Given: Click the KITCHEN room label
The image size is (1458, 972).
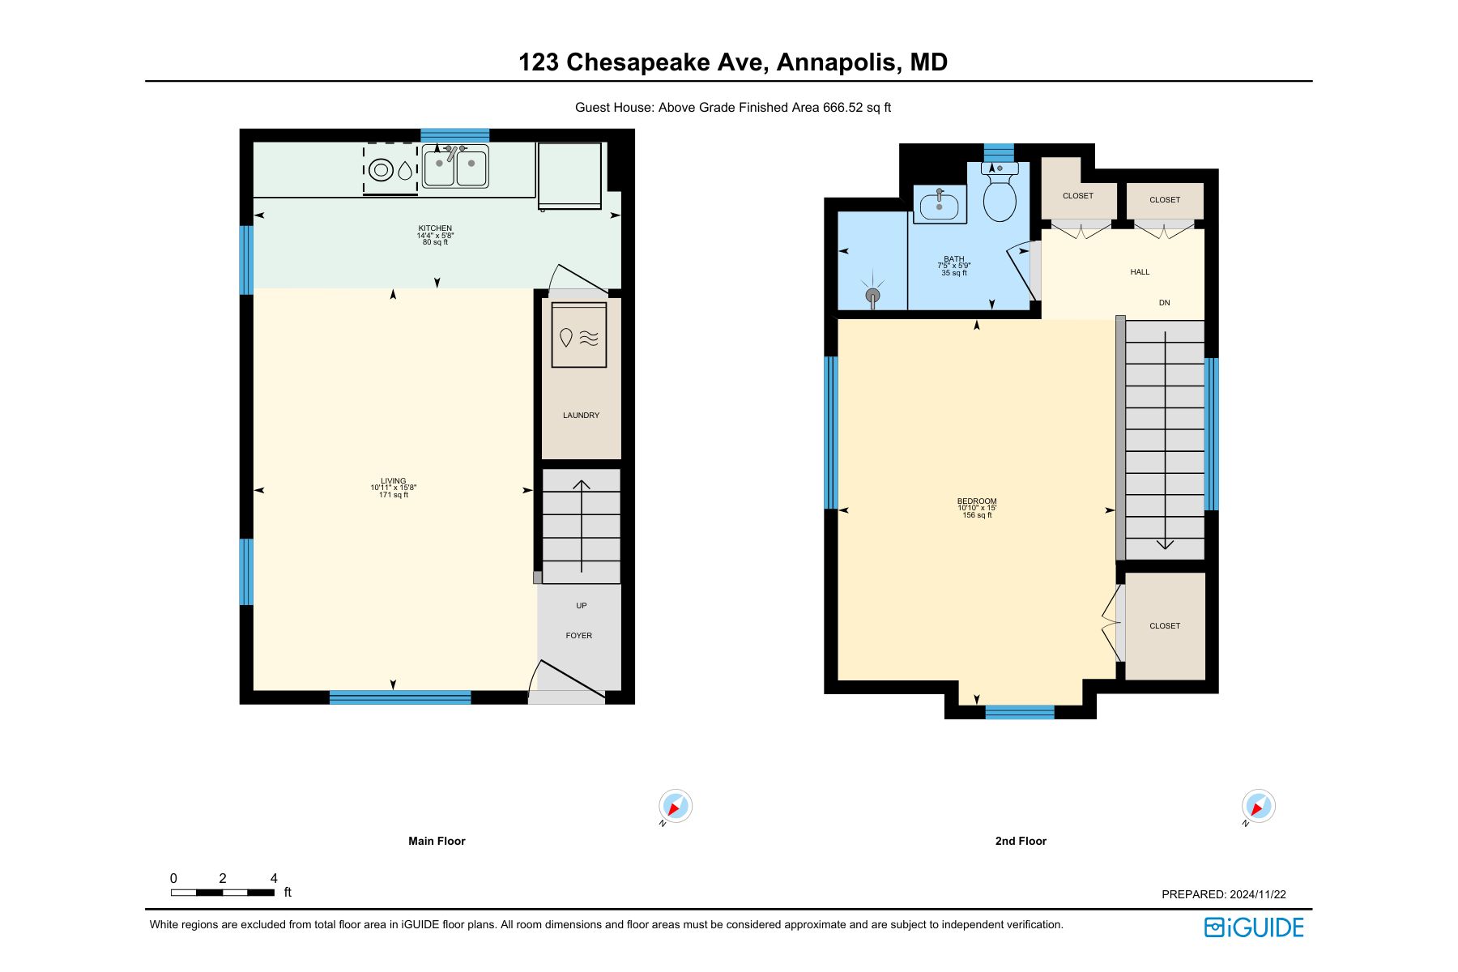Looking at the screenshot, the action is pyautogui.click(x=435, y=228).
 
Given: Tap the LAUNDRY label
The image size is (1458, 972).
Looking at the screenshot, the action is pyautogui.click(x=582, y=416).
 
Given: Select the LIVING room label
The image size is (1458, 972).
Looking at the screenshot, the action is pyautogui.click(x=394, y=481).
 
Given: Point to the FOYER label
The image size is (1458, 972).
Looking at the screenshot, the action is pyautogui.click(x=579, y=636).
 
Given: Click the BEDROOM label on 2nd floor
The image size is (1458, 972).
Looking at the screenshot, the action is pyautogui.click(x=977, y=501).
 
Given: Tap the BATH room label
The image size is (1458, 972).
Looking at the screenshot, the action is pyautogui.click(x=954, y=259).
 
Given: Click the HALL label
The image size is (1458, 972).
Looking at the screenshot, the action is pyautogui.click(x=1140, y=272).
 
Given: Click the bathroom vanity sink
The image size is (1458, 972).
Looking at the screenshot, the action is pyautogui.click(x=940, y=204).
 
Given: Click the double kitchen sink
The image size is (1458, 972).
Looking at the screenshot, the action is pyautogui.click(x=455, y=167).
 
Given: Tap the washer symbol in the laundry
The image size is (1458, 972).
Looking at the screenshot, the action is pyautogui.click(x=579, y=335).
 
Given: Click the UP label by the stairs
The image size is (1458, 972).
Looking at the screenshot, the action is pyautogui.click(x=582, y=606).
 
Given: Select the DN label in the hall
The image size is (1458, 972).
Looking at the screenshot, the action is pyautogui.click(x=1165, y=303).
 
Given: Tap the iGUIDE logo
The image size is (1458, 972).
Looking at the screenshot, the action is pyautogui.click(x=1254, y=927).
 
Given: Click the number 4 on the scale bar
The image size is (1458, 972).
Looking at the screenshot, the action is pyautogui.click(x=274, y=878).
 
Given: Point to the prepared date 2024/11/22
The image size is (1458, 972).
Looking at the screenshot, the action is pyautogui.click(x=1258, y=894).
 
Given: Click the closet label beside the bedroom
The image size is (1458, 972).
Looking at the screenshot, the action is pyautogui.click(x=1165, y=626).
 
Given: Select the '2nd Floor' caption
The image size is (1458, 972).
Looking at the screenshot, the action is pyautogui.click(x=1021, y=842).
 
